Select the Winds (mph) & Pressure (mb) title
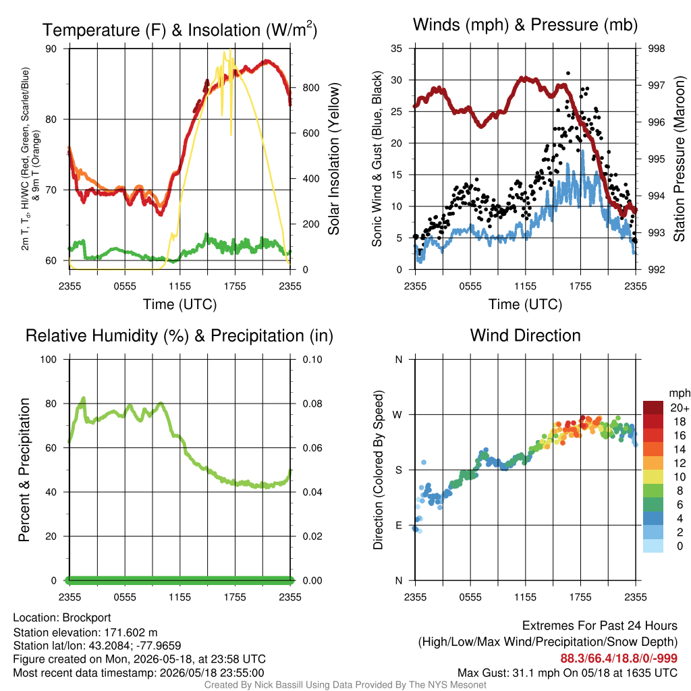coord(525,25)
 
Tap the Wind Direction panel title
coord(525,335)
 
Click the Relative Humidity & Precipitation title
coord(179,336)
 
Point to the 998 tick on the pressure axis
coord(656,49)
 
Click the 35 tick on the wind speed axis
coord(397,49)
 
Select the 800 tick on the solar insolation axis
coord(310,88)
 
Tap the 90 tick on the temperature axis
coord(51,49)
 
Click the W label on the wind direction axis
coord(397,415)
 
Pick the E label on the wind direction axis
coord(398,525)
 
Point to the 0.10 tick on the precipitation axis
coord(312,360)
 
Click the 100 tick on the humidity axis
coord(49,360)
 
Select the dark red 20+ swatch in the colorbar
coord(653,408)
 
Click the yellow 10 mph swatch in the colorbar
coord(653,477)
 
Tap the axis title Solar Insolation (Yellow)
coord(333,159)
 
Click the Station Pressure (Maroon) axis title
coord(679,159)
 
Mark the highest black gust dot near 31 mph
coord(568,73)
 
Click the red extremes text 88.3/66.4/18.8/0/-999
coord(619,659)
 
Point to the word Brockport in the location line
coord(86,618)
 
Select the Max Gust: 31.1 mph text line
coord(568,673)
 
